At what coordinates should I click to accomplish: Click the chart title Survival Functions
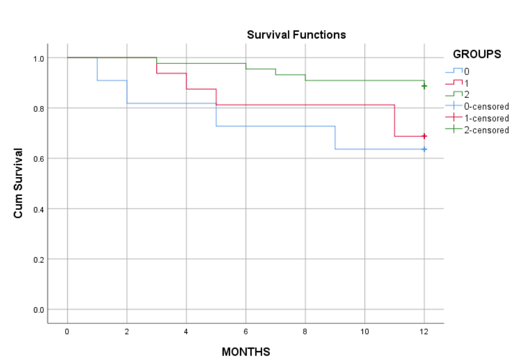(296, 35)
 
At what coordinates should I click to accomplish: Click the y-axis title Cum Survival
(18, 183)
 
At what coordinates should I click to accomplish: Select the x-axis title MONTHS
(245, 352)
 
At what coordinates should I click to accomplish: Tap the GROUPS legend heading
(476, 55)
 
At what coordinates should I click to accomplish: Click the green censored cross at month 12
(424, 86)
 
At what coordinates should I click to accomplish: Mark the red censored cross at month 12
(424, 136)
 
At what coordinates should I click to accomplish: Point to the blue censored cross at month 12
(424, 149)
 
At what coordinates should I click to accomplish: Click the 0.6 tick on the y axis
(38, 159)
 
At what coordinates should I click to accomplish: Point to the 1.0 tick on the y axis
(38, 58)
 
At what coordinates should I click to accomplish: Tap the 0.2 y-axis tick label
(38, 259)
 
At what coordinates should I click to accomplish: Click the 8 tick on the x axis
(305, 332)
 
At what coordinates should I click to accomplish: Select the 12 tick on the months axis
(424, 332)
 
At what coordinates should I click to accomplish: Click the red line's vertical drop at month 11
(395, 120)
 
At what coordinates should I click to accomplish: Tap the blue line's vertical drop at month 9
(335, 137)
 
